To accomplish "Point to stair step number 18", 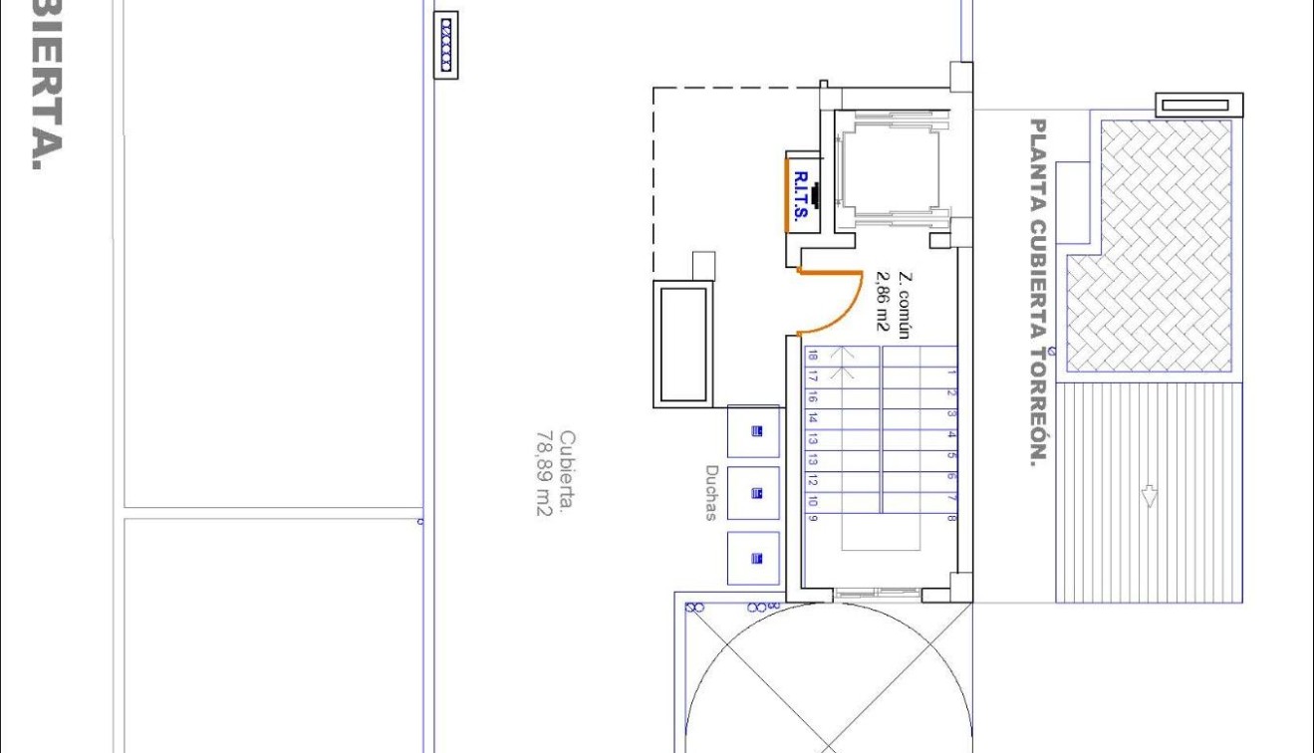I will [x=813, y=356].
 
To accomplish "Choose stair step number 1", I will [x=951, y=374].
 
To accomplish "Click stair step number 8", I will [x=951, y=519].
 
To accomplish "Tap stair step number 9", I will [x=813, y=519].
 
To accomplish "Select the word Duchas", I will [x=711, y=492].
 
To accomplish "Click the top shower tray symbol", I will [x=755, y=431].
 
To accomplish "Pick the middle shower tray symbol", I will [x=755, y=493].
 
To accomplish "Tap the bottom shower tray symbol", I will [x=755, y=558].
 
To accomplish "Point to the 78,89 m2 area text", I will [x=544, y=474].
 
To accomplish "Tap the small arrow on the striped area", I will [x=1149, y=496].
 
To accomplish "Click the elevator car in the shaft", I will [x=890, y=169].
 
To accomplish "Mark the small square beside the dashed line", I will [x=703, y=266].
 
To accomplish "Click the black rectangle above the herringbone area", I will [x=1199, y=105].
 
